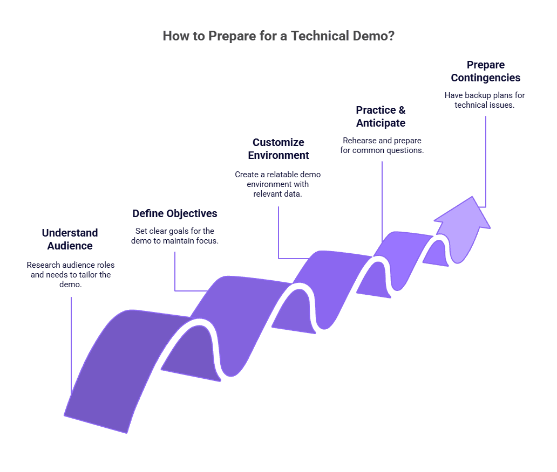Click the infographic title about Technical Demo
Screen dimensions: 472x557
[x=278, y=37]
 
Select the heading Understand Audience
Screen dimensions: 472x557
[x=70, y=239]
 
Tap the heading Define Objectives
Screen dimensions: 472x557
[x=175, y=213]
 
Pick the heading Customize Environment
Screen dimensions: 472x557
[x=278, y=149]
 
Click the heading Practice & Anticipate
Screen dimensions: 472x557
[x=381, y=116]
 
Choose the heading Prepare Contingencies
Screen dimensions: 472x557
[x=486, y=71]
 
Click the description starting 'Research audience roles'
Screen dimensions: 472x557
[x=71, y=274]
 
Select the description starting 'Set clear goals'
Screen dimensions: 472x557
[x=175, y=235]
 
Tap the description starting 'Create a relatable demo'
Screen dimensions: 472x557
[x=278, y=184]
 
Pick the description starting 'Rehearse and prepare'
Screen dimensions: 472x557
[x=382, y=145]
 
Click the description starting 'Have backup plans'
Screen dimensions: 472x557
[x=485, y=100]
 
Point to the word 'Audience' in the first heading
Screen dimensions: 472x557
[x=70, y=246]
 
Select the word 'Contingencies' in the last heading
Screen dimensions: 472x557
[x=486, y=78]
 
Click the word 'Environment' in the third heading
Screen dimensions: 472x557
[x=278, y=155]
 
